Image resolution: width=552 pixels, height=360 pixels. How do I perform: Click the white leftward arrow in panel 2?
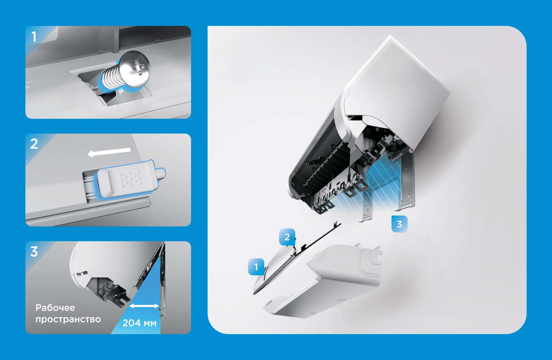click(109, 152)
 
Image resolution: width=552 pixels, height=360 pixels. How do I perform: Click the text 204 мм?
click(139, 323)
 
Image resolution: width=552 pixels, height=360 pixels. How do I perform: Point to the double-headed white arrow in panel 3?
click(144, 306)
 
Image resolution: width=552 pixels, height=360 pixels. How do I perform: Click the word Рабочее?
click(55, 308)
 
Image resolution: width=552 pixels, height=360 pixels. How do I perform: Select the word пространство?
click(68, 319)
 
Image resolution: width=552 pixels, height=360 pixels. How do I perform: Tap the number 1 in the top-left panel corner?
click(34, 37)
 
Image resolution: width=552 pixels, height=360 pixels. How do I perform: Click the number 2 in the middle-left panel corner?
click(34, 144)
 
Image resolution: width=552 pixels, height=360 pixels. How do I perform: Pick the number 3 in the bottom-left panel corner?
click(34, 252)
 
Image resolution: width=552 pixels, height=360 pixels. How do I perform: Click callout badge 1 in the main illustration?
click(256, 267)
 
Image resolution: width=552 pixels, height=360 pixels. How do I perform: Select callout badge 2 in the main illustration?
click(287, 237)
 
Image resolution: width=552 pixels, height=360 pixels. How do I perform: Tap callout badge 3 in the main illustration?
click(399, 224)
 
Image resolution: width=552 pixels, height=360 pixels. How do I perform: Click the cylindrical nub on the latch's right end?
click(161, 173)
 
